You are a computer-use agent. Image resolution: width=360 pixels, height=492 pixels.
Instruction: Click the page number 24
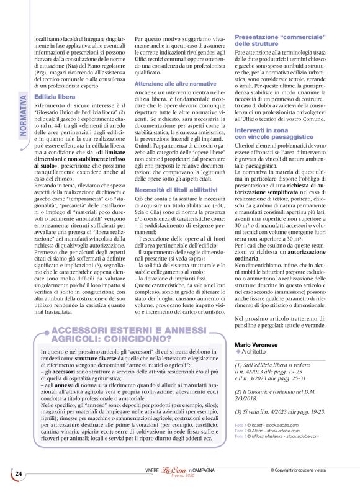point(18,474)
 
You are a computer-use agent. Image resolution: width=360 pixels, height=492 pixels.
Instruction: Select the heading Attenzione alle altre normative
point(176,83)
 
